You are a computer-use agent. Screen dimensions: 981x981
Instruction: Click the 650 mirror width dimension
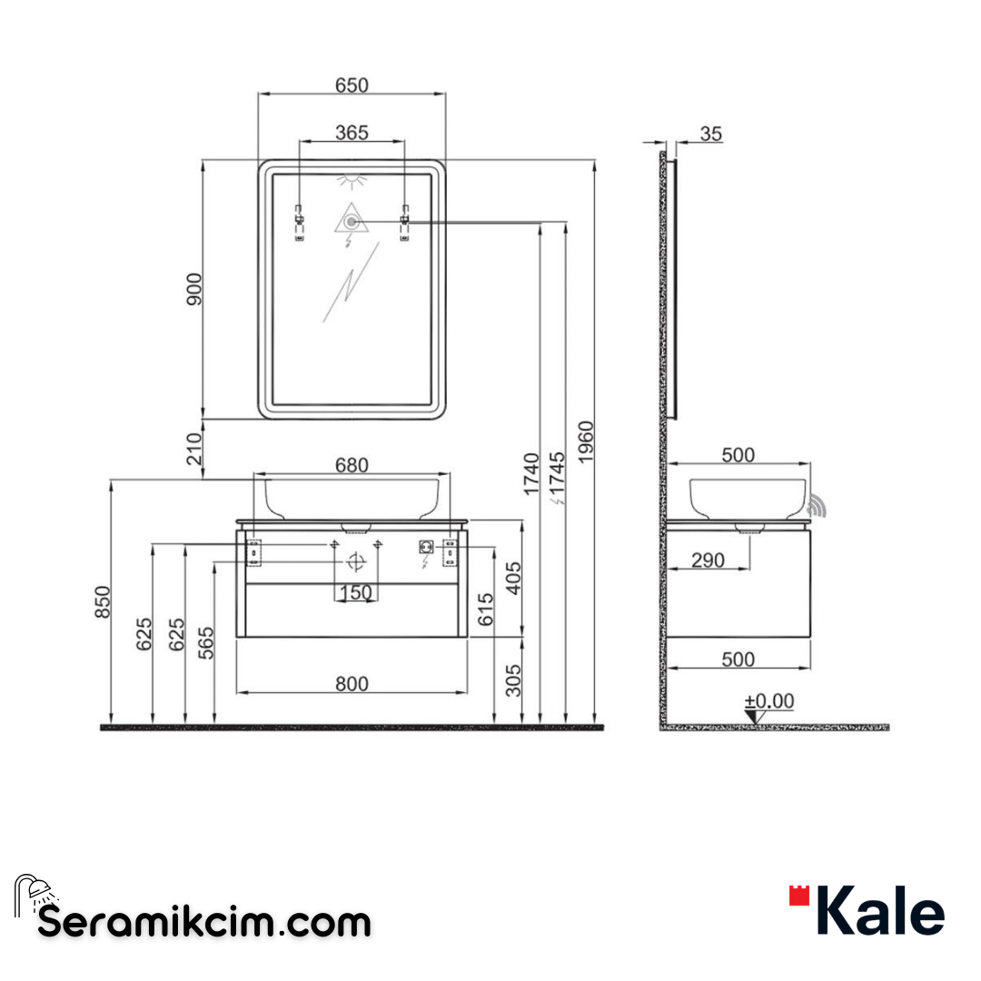(352, 84)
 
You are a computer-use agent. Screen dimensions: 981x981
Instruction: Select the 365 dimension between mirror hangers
(352, 133)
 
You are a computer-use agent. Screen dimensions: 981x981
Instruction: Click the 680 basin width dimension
(352, 465)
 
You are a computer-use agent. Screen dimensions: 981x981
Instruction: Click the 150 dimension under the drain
(355, 593)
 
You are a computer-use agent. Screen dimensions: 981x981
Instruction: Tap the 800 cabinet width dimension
(352, 683)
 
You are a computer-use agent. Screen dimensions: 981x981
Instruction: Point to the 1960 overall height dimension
(586, 441)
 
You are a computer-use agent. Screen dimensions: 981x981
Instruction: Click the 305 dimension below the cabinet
(515, 679)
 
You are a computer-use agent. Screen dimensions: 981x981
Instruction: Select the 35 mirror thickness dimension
(711, 134)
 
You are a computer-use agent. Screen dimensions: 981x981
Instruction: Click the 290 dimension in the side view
(708, 560)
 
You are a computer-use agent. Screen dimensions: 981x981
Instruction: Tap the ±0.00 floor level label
(769, 701)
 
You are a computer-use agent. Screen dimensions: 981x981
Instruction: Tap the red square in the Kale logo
(798, 897)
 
